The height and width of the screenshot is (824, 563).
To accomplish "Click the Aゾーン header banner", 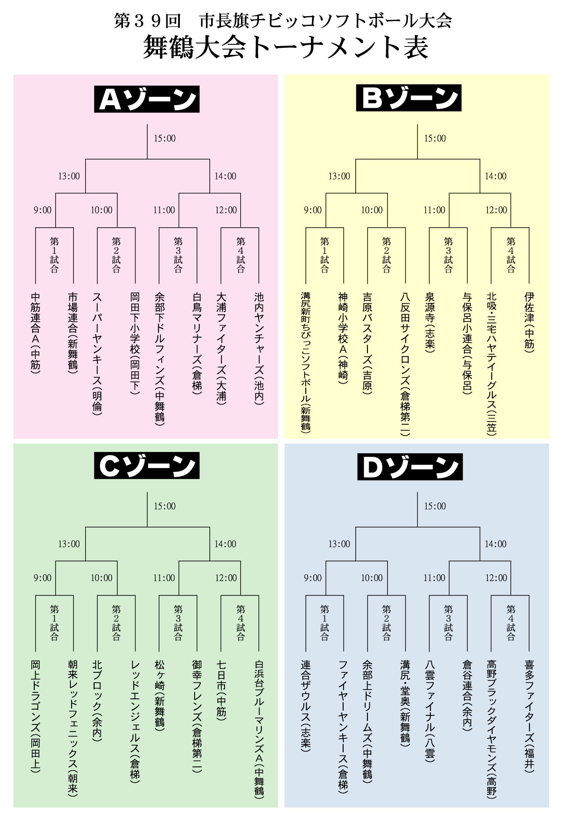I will pyautogui.click(x=147, y=99).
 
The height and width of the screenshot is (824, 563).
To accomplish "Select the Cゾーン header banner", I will pyautogui.click(x=147, y=465).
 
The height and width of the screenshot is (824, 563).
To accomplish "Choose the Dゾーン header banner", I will pyautogui.click(x=410, y=467).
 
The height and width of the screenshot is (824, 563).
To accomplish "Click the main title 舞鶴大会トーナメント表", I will pyautogui.click(x=285, y=47).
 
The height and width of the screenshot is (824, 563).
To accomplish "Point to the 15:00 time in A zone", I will pyautogui.click(x=165, y=139).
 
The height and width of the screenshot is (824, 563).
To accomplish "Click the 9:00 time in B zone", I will pyautogui.click(x=313, y=210).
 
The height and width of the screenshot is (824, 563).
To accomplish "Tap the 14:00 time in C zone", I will pyautogui.click(x=225, y=544).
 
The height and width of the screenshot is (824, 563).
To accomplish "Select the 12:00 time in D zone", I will pyautogui.click(x=496, y=578).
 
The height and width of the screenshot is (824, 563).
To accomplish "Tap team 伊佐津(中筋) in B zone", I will pyautogui.click(x=529, y=322).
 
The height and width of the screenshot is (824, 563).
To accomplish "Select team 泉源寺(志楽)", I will pyautogui.click(x=430, y=322).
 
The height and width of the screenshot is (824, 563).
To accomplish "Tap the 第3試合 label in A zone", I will pyautogui.click(x=178, y=255).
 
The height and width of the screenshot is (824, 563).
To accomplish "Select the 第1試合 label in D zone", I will pyautogui.click(x=325, y=622).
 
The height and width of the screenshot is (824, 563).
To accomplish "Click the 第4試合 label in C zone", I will pyautogui.click(x=240, y=622).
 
